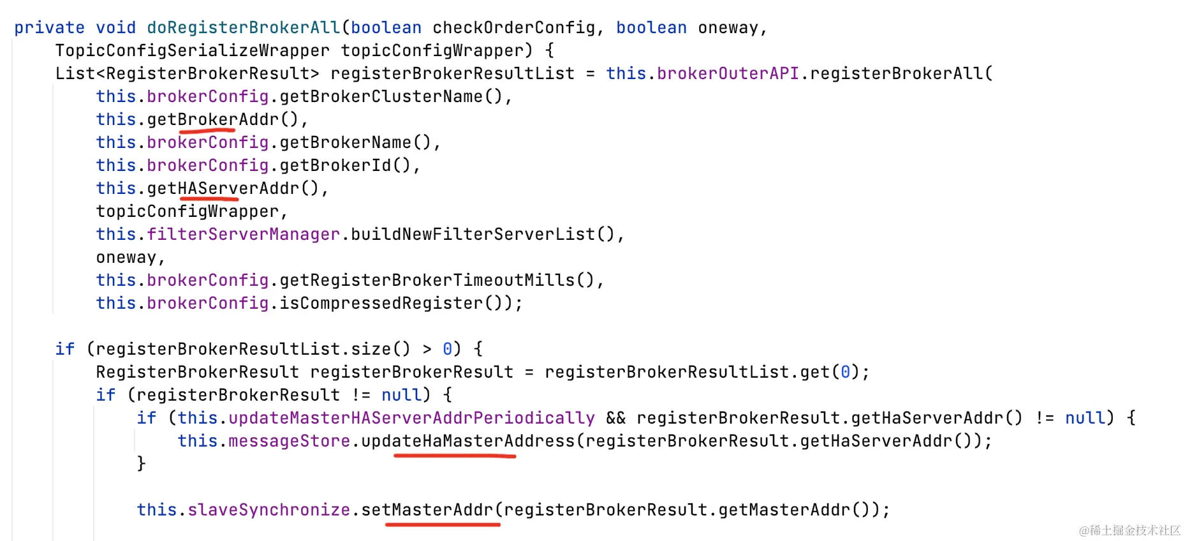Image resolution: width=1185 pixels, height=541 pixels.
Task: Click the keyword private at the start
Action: coord(49,27)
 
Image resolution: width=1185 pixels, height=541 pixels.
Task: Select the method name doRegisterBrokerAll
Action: coord(243,27)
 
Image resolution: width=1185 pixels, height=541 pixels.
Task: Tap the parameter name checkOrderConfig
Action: coord(513,27)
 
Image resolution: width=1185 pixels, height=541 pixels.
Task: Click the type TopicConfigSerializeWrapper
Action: coord(192,50)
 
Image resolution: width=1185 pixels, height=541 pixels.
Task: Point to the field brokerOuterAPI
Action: coord(728,73)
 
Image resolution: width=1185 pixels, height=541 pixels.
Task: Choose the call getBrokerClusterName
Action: coord(381,96)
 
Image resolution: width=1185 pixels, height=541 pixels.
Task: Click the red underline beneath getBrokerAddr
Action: coord(207,130)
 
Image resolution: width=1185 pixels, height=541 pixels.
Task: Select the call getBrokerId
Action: coord(335,165)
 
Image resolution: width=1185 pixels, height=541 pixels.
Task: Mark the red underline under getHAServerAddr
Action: coord(209,199)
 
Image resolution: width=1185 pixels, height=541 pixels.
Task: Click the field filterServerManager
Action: coord(243,234)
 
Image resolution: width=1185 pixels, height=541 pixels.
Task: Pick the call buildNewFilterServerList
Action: coord(473,234)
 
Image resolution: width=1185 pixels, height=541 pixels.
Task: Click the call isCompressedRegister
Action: coord(381,303)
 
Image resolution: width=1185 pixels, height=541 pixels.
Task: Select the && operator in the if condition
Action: coord(615,418)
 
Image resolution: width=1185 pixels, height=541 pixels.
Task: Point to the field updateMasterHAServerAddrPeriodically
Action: coord(411,418)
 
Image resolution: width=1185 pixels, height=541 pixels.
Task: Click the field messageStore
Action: coord(289,441)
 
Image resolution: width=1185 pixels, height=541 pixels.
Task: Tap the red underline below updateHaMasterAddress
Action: coord(454,456)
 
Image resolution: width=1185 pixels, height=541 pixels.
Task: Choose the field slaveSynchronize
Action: coord(269,510)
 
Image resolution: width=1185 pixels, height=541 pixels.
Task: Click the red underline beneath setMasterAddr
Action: coord(443,524)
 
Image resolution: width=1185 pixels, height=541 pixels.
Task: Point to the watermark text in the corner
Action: coord(1129,530)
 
